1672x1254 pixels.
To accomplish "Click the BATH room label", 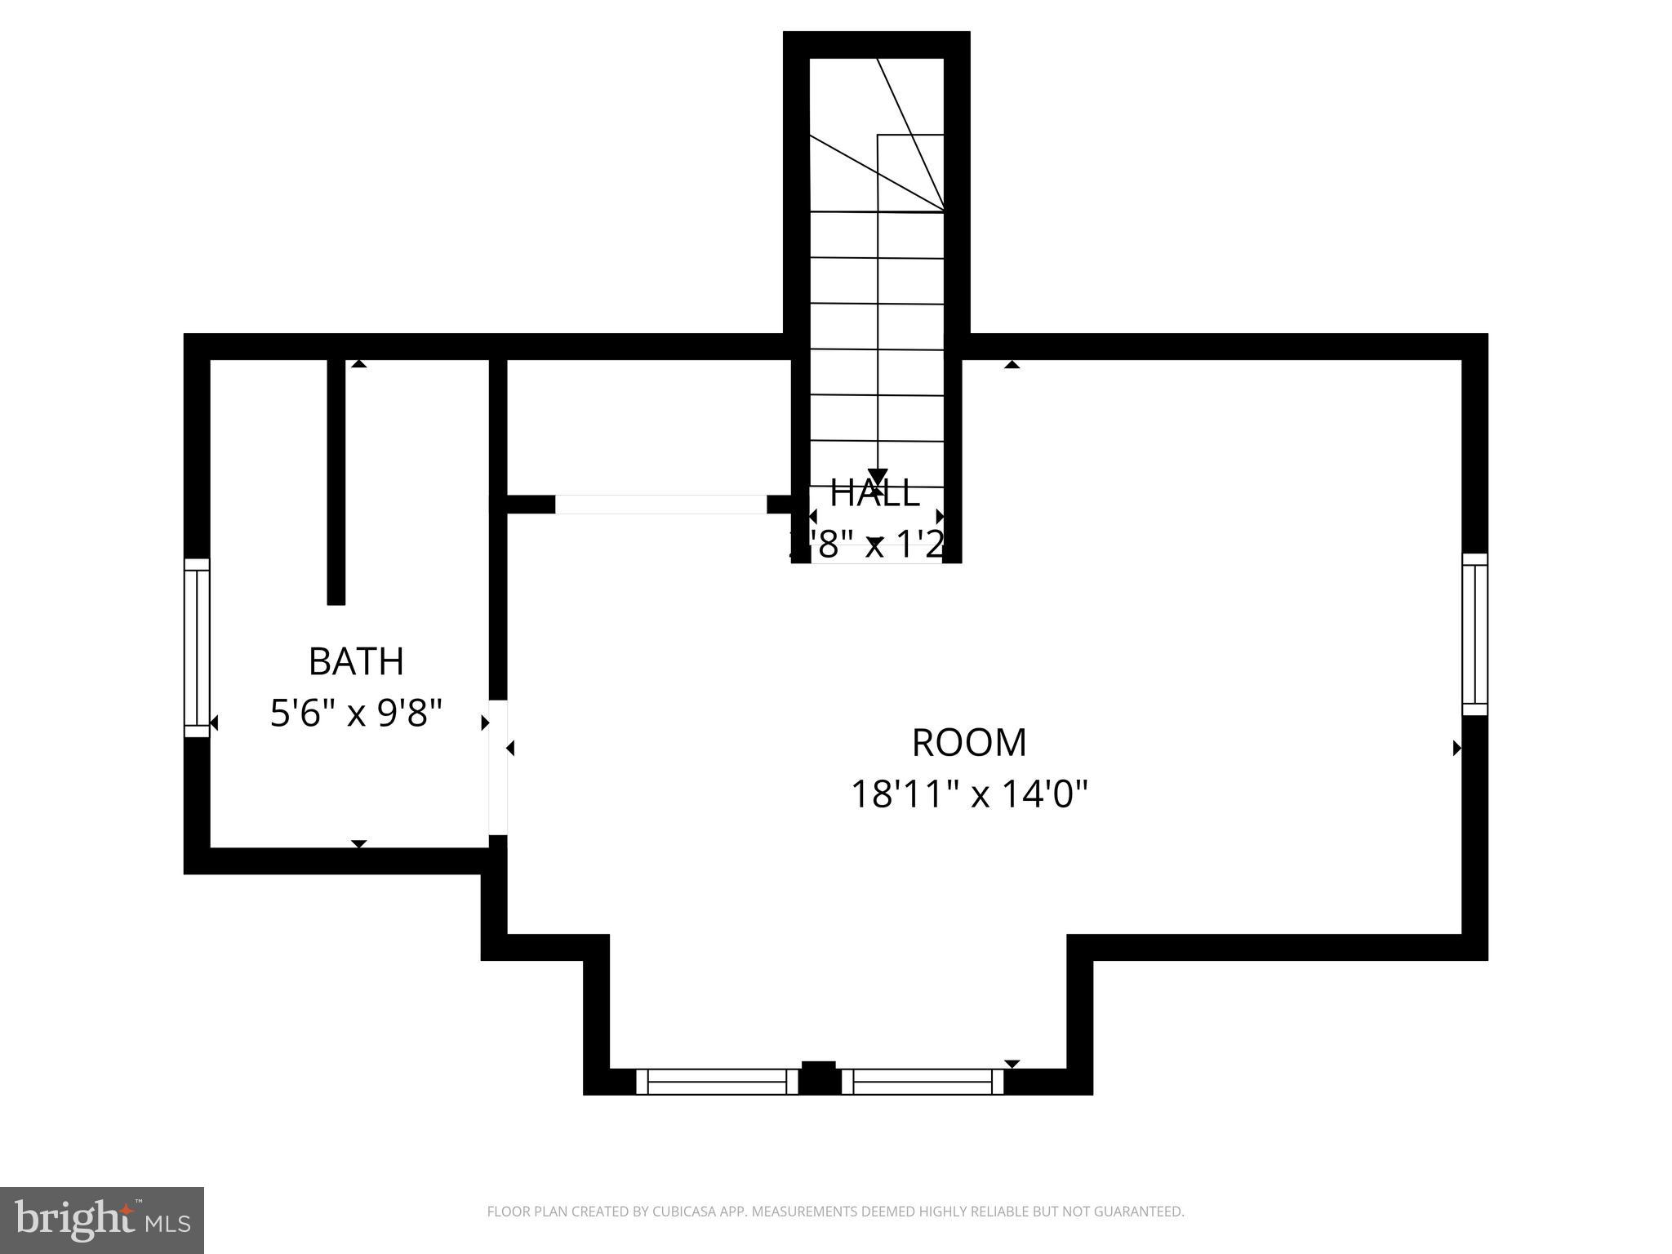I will click(356, 661).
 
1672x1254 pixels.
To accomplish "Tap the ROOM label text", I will click(969, 743).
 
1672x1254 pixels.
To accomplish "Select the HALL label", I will click(874, 493).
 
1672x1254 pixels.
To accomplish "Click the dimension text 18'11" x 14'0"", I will click(969, 794).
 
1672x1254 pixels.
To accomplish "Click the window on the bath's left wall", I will click(197, 647).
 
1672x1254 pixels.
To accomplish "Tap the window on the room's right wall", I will click(1474, 634).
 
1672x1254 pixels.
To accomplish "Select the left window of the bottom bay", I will click(716, 1082).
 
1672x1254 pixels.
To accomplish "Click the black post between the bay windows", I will click(819, 1078).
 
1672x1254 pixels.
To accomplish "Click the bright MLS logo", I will click(101, 1221).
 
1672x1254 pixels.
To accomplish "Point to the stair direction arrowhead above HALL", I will click(878, 478).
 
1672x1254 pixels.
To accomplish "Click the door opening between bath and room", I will click(498, 767).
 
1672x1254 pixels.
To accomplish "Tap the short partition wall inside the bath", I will click(336, 482).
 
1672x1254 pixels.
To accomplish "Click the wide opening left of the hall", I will click(660, 505).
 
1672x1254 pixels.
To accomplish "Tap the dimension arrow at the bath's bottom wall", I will click(358, 843).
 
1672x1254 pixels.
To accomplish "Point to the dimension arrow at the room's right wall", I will click(1456, 748).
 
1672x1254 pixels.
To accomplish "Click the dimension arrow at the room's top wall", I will click(1012, 364).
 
